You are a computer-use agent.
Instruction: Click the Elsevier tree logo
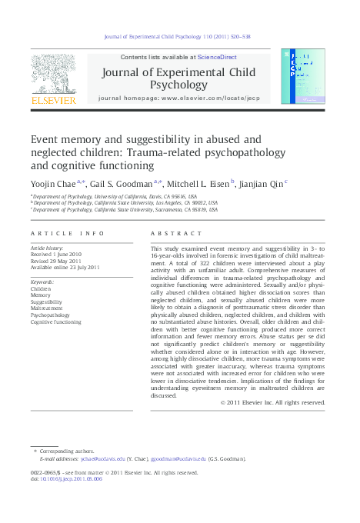click(x=52, y=74)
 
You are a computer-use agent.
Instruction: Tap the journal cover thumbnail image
click(x=308, y=76)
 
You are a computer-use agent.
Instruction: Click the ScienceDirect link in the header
click(x=217, y=58)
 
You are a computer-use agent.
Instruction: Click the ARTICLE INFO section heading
click(x=67, y=233)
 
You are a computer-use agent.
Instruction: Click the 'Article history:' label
click(x=48, y=249)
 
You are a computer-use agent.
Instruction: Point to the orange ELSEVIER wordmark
click(x=52, y=100)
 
